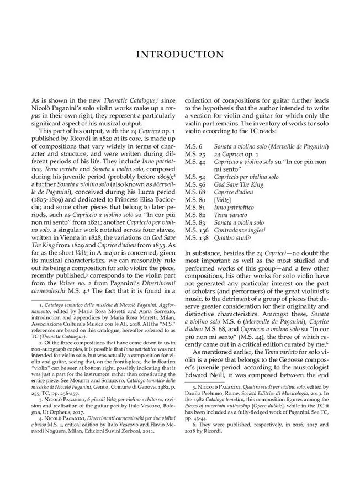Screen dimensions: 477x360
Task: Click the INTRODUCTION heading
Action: [180, 54]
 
